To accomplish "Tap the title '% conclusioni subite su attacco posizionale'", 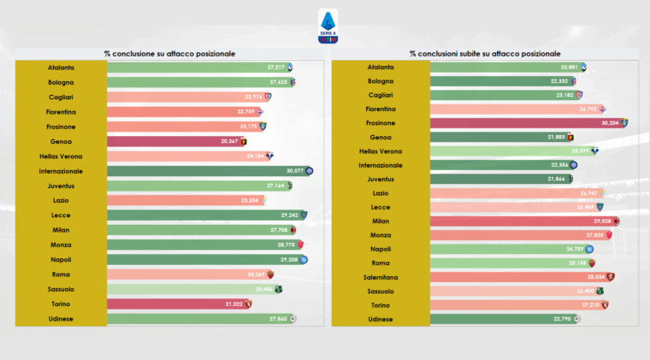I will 485,53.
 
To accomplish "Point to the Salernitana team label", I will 380,277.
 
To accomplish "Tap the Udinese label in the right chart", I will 380,319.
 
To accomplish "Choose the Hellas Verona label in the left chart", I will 61,156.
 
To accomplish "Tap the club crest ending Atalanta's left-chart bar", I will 291,68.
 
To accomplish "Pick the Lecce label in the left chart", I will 61,215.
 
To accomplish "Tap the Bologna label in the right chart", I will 380,81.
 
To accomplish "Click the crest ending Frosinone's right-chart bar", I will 625,123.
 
